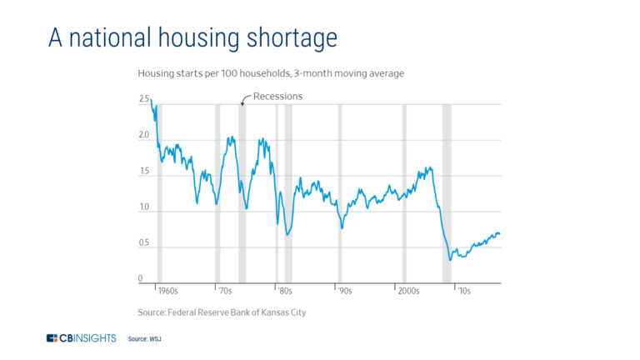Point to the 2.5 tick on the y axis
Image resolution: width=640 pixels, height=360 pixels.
click(x=144, y=100)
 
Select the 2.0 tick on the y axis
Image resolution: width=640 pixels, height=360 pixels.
click(x=144, y=136)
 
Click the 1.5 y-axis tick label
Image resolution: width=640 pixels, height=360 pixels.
click(x=144, y=172)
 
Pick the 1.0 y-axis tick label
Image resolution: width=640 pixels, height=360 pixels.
click(x=144, y=207)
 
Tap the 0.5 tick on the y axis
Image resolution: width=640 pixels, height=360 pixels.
click(x=144, y=243)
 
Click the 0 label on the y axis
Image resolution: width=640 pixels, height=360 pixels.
click(x=141, y=279)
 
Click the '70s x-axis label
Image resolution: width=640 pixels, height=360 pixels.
click(x=225, y=292)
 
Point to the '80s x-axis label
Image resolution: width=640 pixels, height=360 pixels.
click(x=284, y=292)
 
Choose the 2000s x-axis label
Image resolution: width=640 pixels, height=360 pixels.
click(x=408, y=292)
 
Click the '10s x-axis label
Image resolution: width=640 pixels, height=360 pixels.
click(x=462, y=292)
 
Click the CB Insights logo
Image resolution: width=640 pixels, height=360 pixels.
click(x=82, y=338)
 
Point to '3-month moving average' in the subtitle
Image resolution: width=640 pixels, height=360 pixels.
click(x=350, y=73)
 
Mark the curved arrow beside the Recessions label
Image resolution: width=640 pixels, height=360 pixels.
click(x=245, y=99)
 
